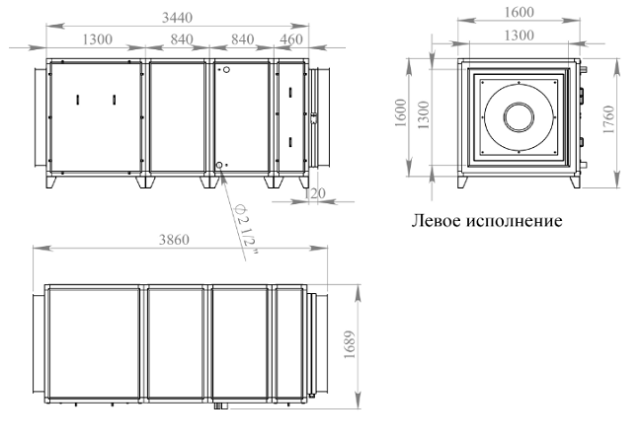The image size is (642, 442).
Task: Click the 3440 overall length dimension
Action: point(177,18)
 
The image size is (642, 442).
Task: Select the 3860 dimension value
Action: point(174,240)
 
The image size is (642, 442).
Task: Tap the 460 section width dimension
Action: point(291,39)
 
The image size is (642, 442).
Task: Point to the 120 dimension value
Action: point(315,193)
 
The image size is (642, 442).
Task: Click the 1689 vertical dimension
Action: point(350,344)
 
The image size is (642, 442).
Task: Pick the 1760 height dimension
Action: point(609,119)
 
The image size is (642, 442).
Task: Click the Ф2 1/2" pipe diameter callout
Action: point(245,230)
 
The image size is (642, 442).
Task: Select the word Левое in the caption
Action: point(438,221)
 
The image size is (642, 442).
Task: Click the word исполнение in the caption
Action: point(515,221)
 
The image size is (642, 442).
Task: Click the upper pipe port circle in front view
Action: point(226,70)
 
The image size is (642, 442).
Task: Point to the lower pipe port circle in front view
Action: point(219,165)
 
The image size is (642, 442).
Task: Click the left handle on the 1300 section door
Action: point(77,100)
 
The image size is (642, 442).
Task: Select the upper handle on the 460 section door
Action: point(289,92)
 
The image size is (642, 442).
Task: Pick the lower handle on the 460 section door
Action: point(289,142)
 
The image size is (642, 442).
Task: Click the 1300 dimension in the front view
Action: point(98,39)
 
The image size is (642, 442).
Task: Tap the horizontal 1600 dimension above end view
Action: point(519,12)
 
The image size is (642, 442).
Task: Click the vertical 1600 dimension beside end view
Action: point(401,112)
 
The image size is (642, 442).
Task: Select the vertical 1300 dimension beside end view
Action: point(424,115)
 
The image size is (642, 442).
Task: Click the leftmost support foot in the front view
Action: point(50,182)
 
